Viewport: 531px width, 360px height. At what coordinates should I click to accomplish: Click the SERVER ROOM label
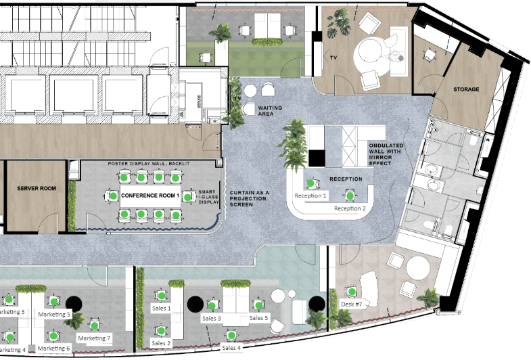click(x=37, y=187)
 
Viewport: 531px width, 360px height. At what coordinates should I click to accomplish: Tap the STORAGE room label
click(x=466, y=89)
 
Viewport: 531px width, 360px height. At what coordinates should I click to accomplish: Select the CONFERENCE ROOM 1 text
click(x=149, y=196)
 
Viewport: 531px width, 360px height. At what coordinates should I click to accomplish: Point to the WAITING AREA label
click(x=270, y=111)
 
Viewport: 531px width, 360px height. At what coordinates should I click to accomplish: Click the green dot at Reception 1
click(x=310, y=183)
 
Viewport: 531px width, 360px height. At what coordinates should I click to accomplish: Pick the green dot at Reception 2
click(x=349, y=196)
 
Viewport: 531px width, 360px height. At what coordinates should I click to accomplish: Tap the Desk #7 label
click(x=352, y=304)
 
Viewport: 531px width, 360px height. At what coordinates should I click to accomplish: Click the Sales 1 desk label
click(x=160, y=308)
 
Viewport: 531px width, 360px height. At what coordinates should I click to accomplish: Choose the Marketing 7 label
click(x=93, y=338)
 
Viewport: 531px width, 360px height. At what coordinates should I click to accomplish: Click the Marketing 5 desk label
click(x=54, y=315)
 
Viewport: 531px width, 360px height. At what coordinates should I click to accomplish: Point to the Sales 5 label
click(x=258, y=317)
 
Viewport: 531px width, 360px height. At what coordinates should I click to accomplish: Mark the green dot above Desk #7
click(x=351, y=291)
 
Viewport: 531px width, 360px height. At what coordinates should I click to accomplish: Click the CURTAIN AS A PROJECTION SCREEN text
click(x=249, y=198)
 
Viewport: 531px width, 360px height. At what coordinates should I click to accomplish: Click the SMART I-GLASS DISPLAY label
click(x=208, y=196)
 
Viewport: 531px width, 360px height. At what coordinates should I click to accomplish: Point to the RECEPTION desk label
click(x=346, y=179)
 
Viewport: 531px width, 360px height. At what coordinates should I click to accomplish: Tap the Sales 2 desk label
click(x=161, y=343)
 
